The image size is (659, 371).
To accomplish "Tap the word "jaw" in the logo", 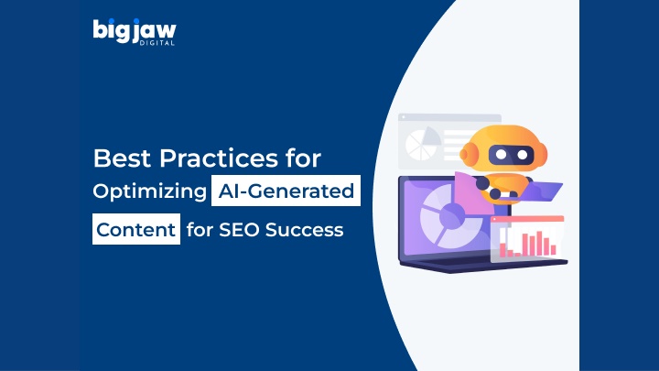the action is point(155,30).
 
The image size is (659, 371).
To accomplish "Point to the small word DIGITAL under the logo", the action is point(157,43).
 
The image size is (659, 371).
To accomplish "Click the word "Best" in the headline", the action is point(122,158).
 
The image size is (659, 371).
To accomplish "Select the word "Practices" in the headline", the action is point(219,158).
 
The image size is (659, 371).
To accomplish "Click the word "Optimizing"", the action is point(149,191).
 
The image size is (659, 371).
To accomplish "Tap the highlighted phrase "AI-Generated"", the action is point(286,191).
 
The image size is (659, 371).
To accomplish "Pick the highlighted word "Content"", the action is point(136,229).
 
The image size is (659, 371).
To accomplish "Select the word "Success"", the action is point(305,230).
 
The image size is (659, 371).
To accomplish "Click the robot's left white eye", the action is point(501,155).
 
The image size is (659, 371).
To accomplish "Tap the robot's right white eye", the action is point(523,155).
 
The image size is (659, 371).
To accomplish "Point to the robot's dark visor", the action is point(511,155).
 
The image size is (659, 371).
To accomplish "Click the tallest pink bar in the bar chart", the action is point(540,243).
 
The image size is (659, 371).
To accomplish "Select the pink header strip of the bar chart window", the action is point(527,219).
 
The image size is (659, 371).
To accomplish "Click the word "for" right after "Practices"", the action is point(304,158).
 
